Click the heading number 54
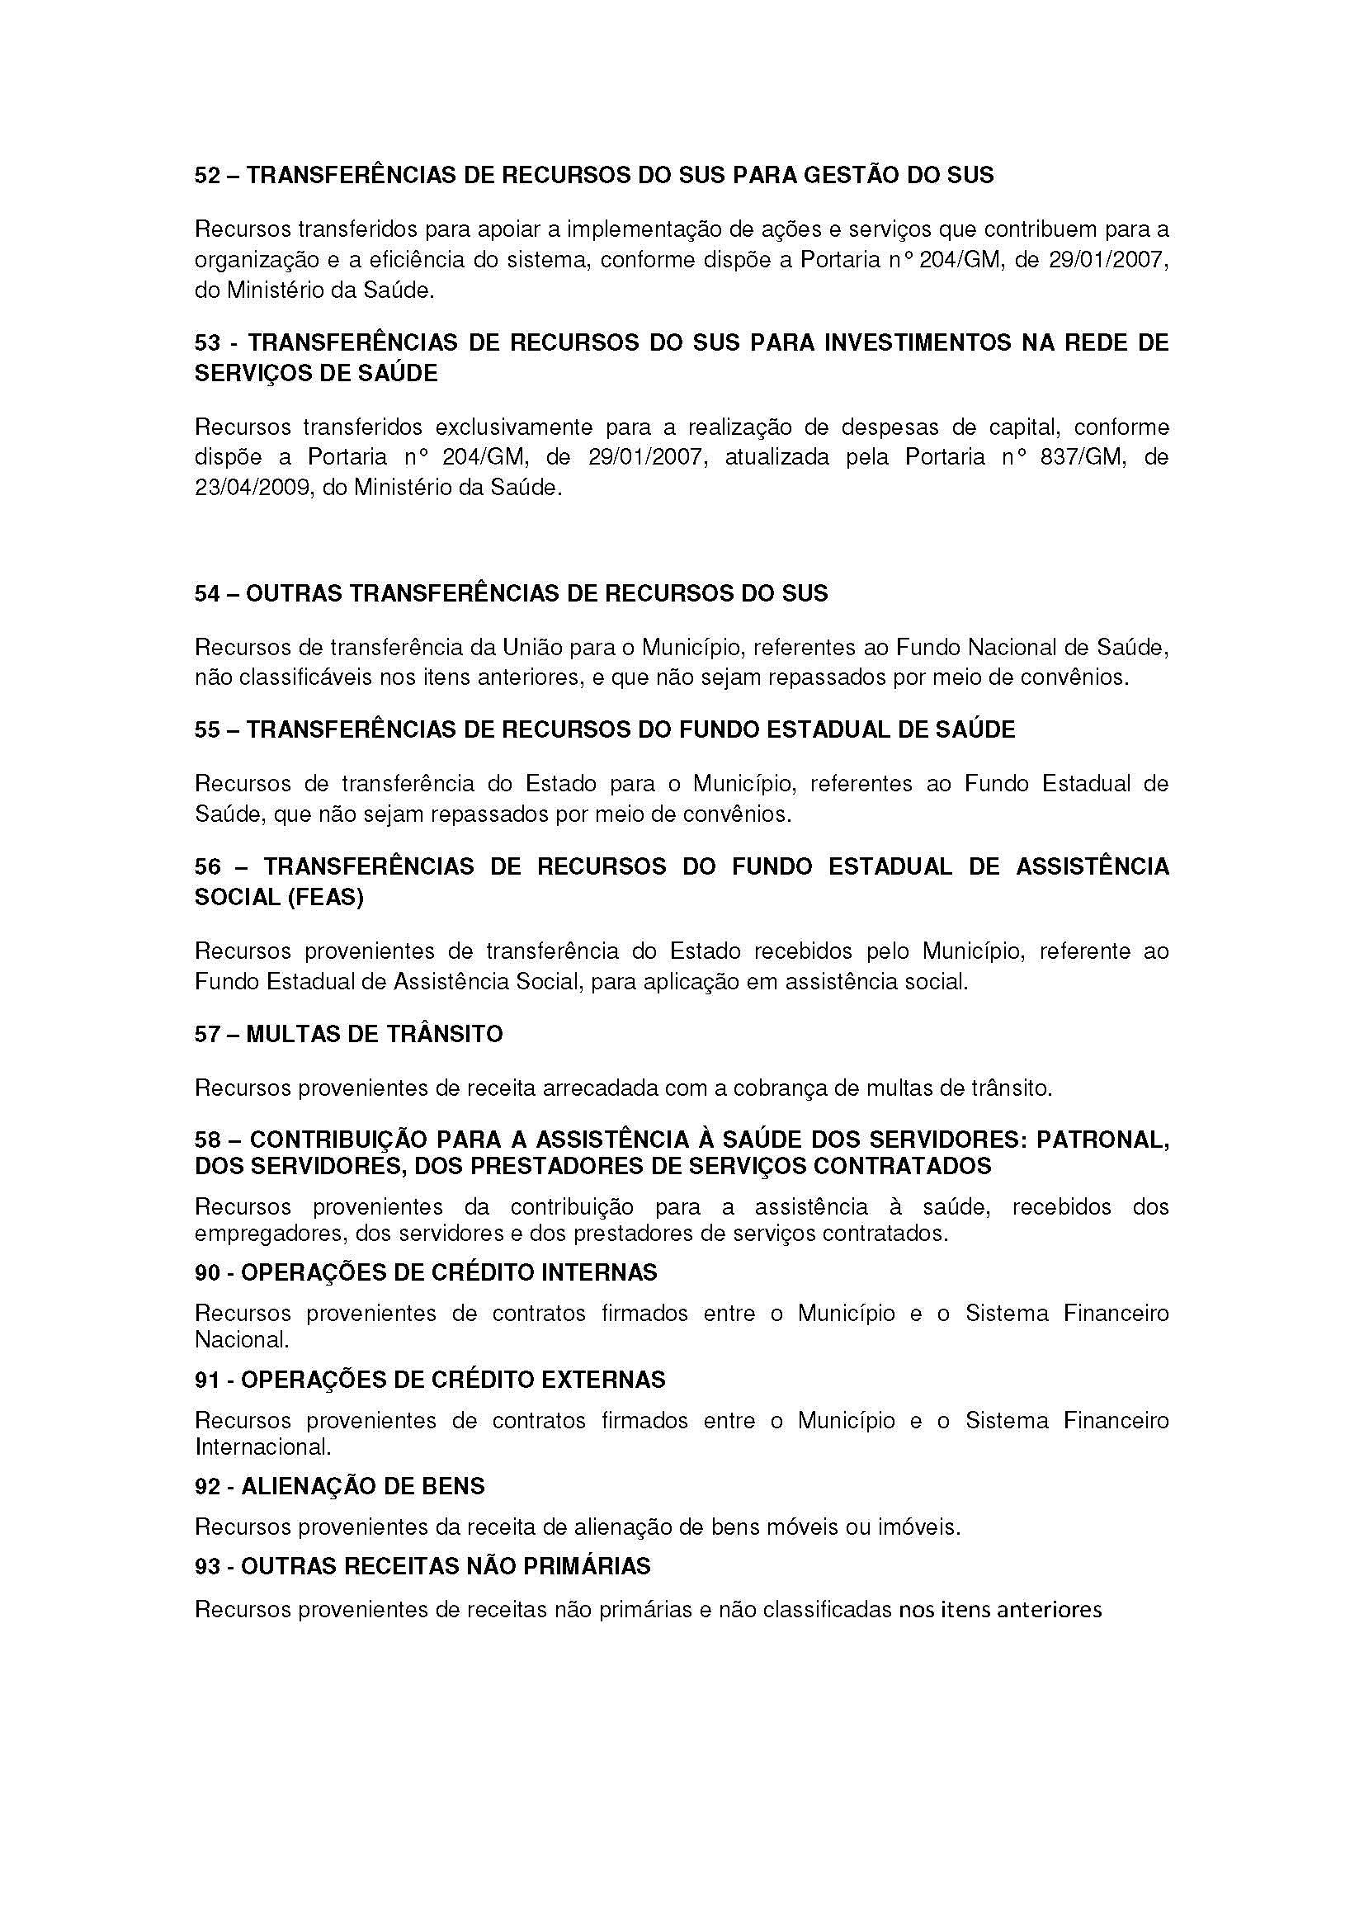coord(208,593)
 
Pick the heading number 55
coord(208,729)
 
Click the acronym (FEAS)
coord(323,898)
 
